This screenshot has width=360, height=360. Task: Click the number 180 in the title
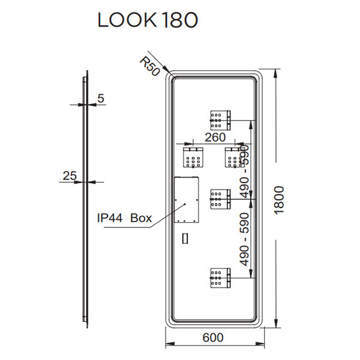click(x=178, y=20)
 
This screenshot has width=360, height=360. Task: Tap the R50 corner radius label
click(x=149, y=65)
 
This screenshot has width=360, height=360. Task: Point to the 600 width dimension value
click(x=213, y=337)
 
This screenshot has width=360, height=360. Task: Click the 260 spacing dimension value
click(x=214, y=137)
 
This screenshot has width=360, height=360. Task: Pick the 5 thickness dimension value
click(x=100, y=98)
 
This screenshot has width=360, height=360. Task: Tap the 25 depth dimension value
click(x=70, y=175)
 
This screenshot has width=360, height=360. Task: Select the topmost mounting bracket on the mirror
click(x=220, y=119)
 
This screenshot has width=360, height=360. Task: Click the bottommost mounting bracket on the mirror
click(x=220, y=278)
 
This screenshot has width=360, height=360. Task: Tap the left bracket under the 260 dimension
click(x=193, y=157)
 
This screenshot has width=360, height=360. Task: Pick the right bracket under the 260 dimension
click(x=234, y=157)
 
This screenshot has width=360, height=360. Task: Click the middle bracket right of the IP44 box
click(x=220, y=198)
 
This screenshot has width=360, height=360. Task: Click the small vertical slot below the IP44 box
click(x=185, y=238)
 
